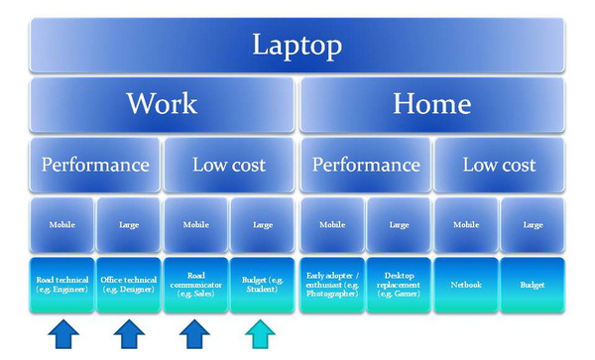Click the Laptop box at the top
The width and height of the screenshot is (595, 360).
coord(297,45)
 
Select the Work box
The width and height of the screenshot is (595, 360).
coord(162,104)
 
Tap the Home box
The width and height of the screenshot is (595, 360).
coord(431,104)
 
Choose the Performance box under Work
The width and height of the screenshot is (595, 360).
coord(95,165)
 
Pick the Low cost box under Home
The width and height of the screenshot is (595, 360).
coord(499,165)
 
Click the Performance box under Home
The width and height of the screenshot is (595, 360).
coord(366,165)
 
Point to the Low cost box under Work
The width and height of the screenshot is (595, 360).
coord(228,165)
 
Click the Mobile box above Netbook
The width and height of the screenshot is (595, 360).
coord(465,224)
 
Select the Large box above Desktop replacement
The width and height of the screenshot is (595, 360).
coord(399,224)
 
